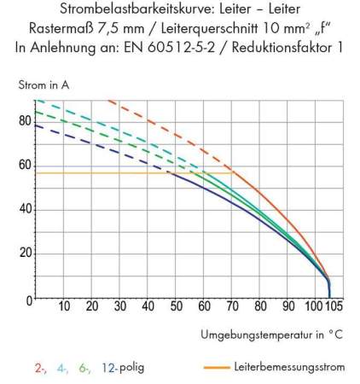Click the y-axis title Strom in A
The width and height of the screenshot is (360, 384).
(43, 85)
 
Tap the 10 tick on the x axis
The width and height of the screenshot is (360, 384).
(65, 307)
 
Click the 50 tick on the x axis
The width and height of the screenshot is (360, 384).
(176, 307)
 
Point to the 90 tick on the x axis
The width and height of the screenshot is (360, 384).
(288, 307)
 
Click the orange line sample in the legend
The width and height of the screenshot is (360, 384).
(218, 368)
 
